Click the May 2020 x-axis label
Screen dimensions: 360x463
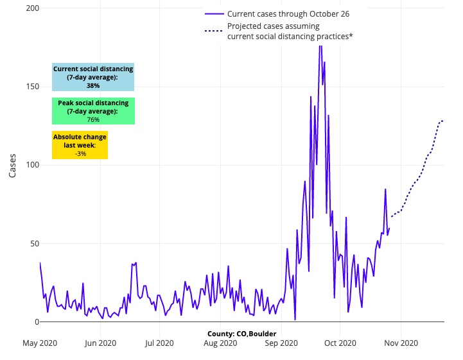[40, 343]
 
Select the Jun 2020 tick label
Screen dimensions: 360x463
[101, 343]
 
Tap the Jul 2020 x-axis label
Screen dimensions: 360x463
[159, 343]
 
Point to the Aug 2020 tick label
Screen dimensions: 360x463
[220, 343]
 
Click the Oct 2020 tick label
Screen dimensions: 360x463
[340, 343]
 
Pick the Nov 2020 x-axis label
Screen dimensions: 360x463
[401, 343]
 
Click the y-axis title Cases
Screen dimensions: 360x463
[12, 165]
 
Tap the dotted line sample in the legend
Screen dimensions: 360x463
[214, 31]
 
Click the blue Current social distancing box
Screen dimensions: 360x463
[93, 77]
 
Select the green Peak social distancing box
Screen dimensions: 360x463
[93, 111]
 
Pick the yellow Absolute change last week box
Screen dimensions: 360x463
[80, 145]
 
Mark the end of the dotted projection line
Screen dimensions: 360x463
[442, 121]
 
